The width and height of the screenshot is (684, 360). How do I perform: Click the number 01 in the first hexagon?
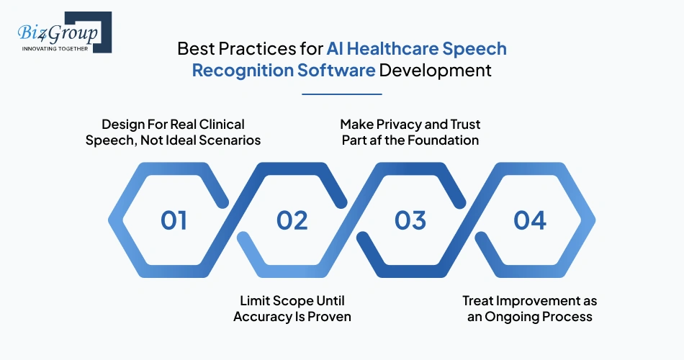point(174,220)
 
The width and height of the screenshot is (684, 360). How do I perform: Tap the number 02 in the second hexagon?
point(292,220)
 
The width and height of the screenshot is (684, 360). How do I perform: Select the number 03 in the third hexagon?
point(410,220)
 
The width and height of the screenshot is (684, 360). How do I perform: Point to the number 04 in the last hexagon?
point(530,220)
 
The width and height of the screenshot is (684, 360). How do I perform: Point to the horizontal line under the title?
point(341,94)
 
